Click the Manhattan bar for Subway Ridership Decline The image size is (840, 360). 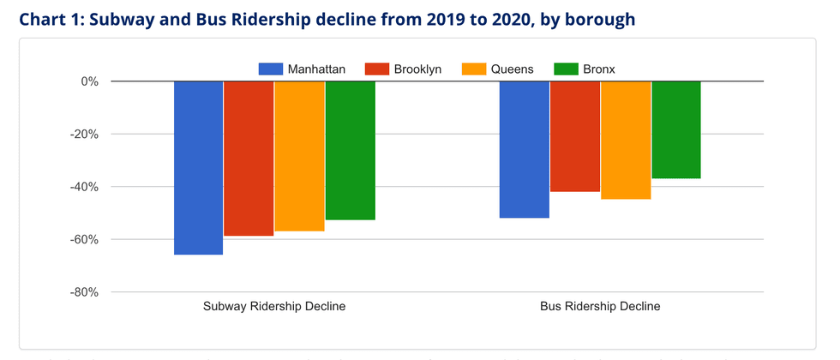coord(198,168)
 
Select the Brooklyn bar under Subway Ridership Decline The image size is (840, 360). coord(249,159)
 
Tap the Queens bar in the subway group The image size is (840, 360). coord(299,156)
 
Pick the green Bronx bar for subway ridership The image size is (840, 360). coord(350,151)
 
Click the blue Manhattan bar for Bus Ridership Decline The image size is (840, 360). coord(524,149)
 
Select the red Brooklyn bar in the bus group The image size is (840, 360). coord(574,136)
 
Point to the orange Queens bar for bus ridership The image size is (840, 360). coord(626,140)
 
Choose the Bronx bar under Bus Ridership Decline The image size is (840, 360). coord(676,129)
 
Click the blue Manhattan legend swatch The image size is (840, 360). coord(271,69)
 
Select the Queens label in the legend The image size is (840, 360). coord(513,69)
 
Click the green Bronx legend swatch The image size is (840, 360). coord(567,69)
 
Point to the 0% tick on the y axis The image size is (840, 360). coord(89,82)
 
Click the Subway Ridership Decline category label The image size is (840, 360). coord(274,306)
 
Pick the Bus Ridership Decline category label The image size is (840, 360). coord(600,306)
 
